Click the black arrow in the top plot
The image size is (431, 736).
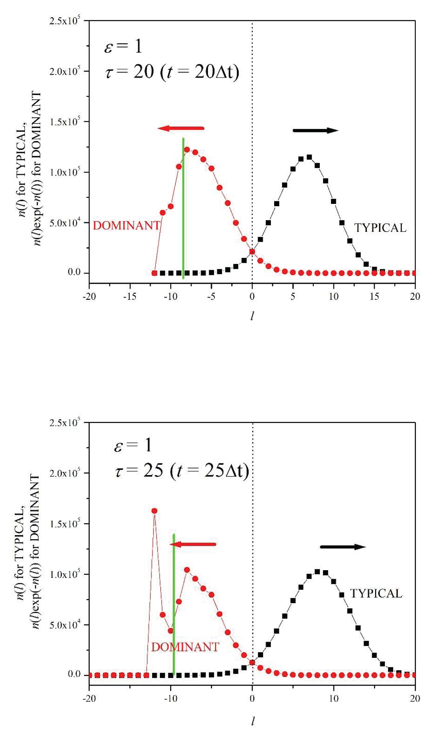pos(316,131)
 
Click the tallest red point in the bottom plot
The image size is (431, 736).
pos(155,511)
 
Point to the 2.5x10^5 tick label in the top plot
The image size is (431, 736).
pos(65,21)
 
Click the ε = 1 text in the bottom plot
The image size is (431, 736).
pos(133,446)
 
